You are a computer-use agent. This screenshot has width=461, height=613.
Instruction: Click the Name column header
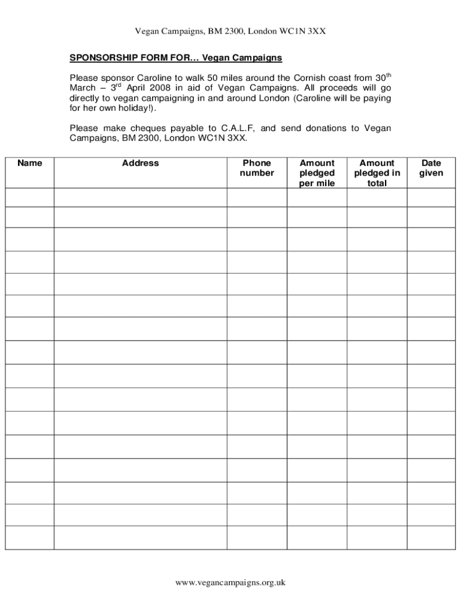click(30, 163)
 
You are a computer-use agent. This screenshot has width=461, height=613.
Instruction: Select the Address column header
click(140, 163)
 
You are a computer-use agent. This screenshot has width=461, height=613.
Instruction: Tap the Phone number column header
click(257, 168)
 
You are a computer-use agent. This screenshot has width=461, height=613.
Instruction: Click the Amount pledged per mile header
click(317, 173)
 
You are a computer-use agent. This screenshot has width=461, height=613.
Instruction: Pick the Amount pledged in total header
click(377, 173)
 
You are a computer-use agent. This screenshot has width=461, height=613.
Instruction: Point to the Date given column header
click(431, 168)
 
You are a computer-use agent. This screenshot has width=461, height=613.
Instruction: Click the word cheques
click(147, 128)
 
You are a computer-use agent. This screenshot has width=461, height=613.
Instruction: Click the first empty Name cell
click(30, 198)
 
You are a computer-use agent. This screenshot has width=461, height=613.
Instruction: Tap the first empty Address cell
click(140, 198)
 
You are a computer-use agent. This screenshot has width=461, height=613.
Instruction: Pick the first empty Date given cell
click(431, 198)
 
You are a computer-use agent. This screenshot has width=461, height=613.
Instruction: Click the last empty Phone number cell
click(257, 538)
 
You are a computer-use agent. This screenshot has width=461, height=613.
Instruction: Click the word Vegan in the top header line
click(147, 31)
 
